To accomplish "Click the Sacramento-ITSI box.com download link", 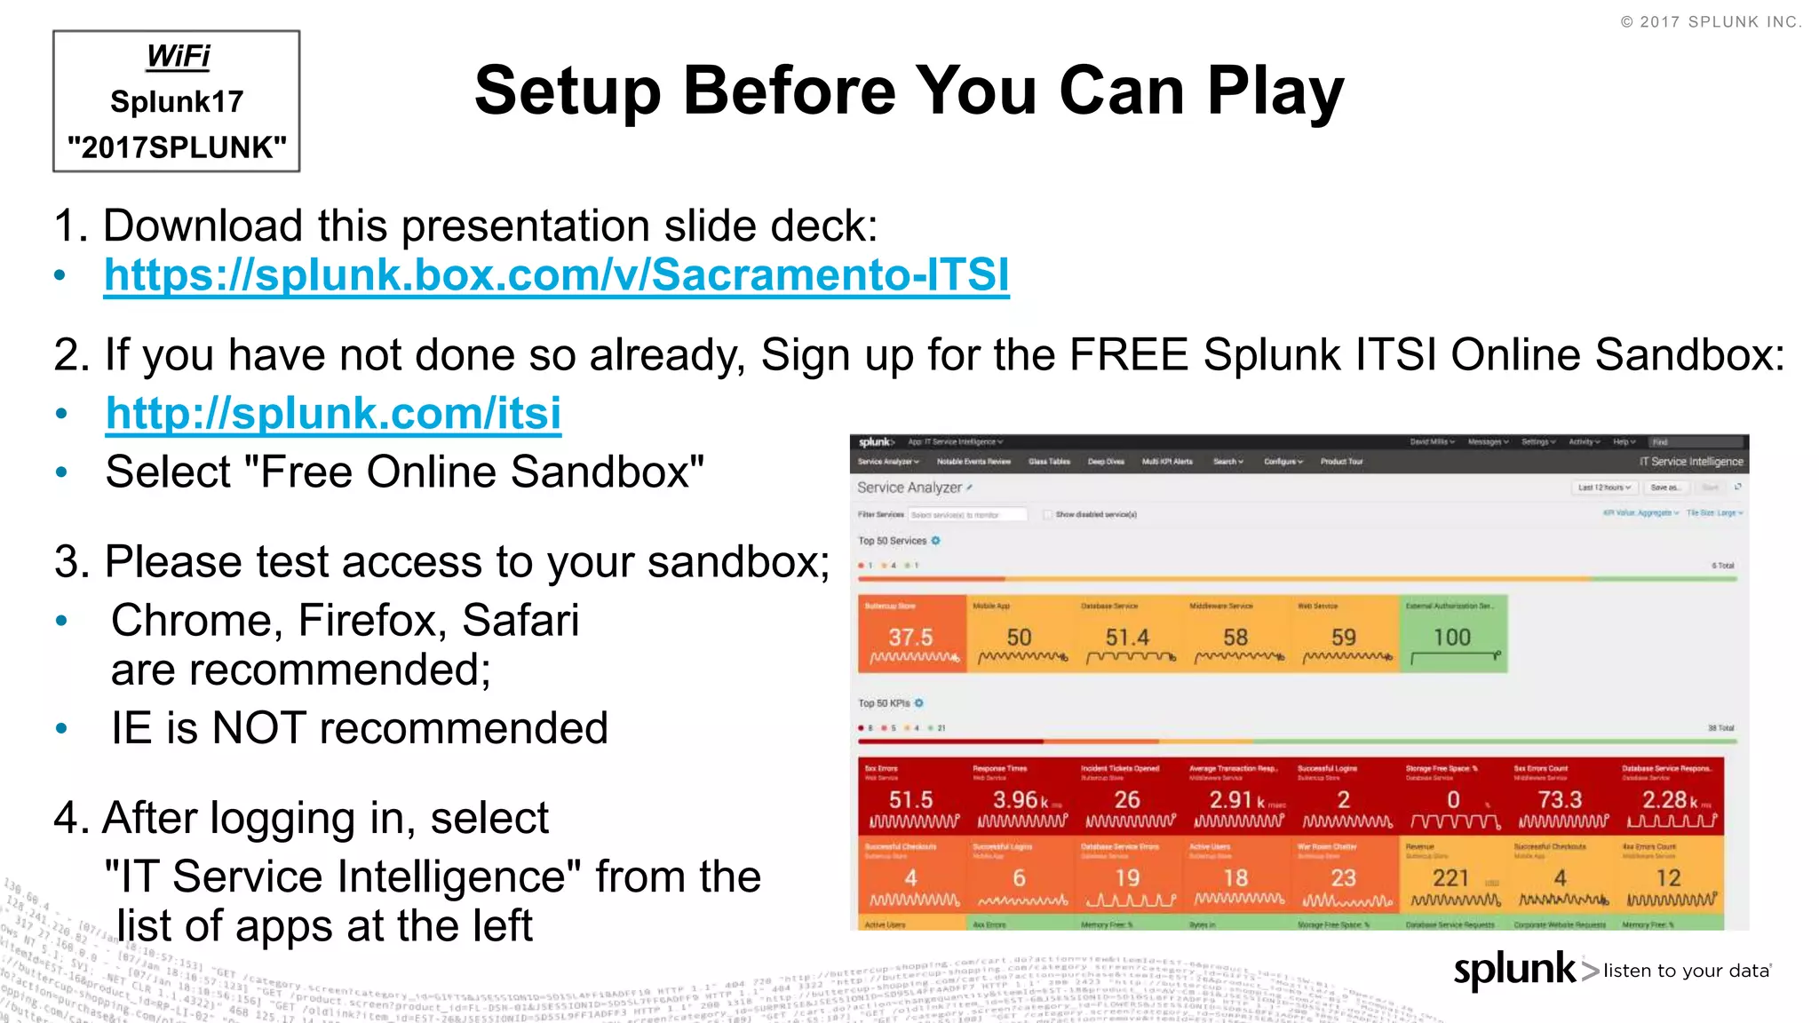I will [x=556, y=275].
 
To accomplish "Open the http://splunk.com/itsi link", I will [x=333, y=414].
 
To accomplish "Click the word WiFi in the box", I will [x=178, y=56].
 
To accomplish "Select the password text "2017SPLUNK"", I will [x=177, y=147].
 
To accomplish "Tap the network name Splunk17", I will [x=177, y=102].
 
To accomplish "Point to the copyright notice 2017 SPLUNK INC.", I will [x=1711, y=22].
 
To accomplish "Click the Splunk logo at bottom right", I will [x=1514, y=970].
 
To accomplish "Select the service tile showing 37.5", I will [x=911, y=634].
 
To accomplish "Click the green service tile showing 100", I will [x=1453, y=634].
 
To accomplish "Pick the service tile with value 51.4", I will [x=1127, y=634].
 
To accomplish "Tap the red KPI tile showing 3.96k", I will [x=1021, y=797].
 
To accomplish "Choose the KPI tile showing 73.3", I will [x=1561, y=797].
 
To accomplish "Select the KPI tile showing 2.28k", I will [x=1669, y=797].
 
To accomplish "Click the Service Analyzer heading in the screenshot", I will [x=909, y=488].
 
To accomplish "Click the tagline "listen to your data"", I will [x=1686, y=971].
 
